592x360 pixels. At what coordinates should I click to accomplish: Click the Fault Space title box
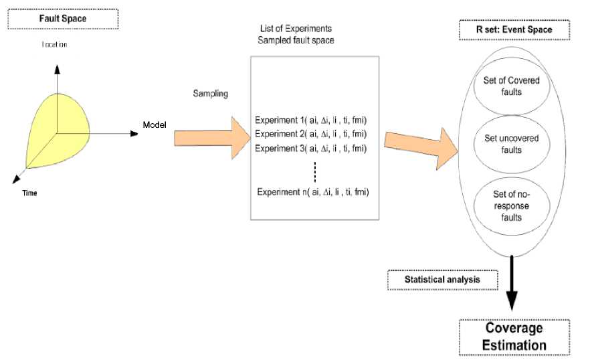(x=63, y=18)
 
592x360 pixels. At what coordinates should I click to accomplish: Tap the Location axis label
(x=55, y=45)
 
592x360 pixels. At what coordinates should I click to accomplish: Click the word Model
(x=154, y=125)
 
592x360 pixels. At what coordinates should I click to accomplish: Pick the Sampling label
(x=210, y=94)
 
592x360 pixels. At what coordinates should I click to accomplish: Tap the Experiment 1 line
(x=312, y=120)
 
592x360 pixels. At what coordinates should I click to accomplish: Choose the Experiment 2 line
(x=312, y=134)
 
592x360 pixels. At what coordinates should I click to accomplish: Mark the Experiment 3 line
(x=312, y=149)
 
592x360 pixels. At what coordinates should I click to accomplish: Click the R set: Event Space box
(x=513, y=30)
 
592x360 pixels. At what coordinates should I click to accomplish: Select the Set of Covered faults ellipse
(x=511, y=86)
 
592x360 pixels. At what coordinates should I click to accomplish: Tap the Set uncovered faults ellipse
(x=511, y=143)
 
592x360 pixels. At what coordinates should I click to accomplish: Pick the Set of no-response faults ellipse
(x=511, y=205)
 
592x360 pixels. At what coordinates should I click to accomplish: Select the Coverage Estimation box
(x=514, y=337)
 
